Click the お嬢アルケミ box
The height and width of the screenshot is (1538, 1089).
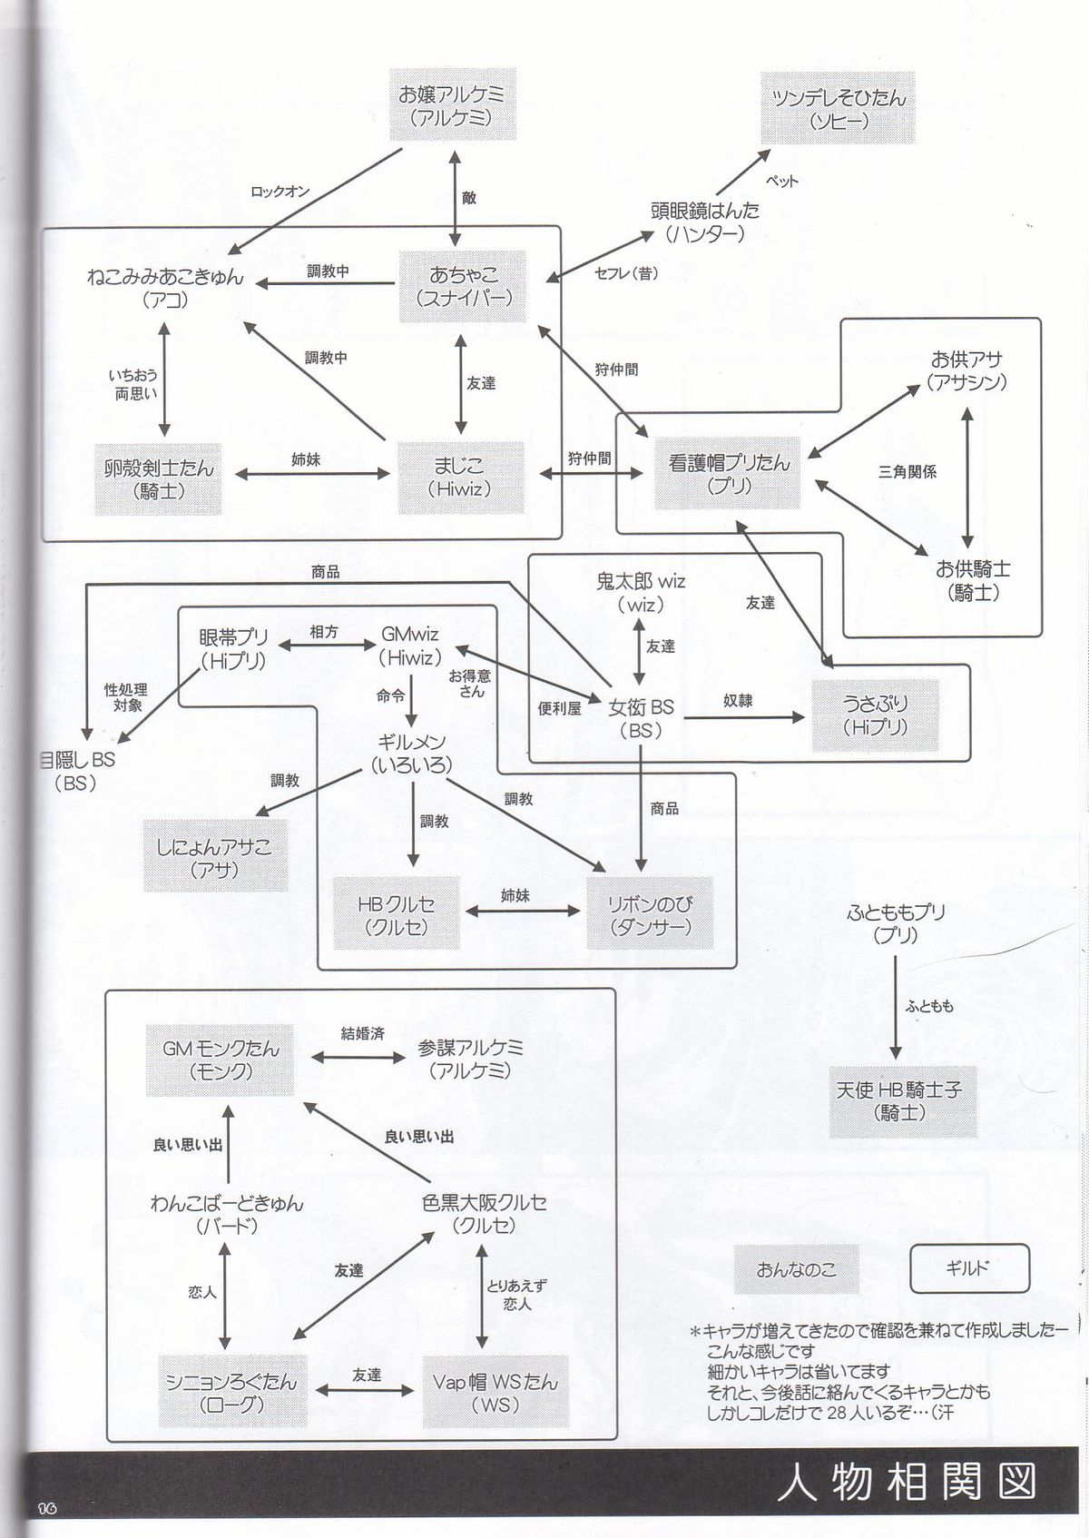pyautogui.click(x=451, y=105)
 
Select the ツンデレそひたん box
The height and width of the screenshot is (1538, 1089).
pyautogui.click(x=838, y=108)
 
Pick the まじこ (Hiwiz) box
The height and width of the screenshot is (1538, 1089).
pyautogui.click(x=460, y=477)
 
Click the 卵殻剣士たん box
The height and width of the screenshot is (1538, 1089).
pyautogui.click(x=158, y=478)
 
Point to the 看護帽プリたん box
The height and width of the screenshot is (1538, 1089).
pyautogui.click(x=729, y=474)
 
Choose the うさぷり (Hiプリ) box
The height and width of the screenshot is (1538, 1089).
pyautogui.click(x=875, y=715)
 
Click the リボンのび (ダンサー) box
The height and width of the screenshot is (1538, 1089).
pyautogui.click(x=650, y=915)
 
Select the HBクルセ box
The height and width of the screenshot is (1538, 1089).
pyautogui.click(x=396, y=915)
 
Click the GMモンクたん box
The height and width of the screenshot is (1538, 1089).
pyautogui.click(x=221, y=1059)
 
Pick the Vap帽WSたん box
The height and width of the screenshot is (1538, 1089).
pyautogui.click(x=495, y=1392)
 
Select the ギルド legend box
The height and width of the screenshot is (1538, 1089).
pyautogui.click(x=969, y=1268)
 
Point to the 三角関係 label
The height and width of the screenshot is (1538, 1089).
pyautogui.click(x=907, y=472)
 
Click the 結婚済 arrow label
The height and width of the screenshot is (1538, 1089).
pyautogui.click(x=362, y=1033)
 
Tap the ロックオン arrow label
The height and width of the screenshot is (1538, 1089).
pyautogui.click(x=280, y=192)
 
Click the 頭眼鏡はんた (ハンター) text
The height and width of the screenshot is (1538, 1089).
pyautogui.click(x=704, y=222)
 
